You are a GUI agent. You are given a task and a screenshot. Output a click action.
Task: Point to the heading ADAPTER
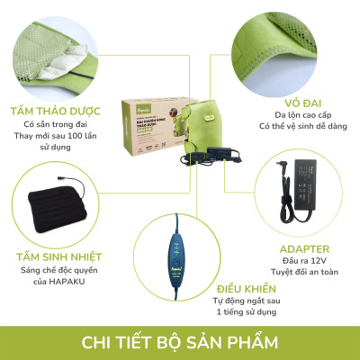click(x=305, y=248)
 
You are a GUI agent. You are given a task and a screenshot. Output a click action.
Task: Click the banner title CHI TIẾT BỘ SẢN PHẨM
click(x=180, y=342)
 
